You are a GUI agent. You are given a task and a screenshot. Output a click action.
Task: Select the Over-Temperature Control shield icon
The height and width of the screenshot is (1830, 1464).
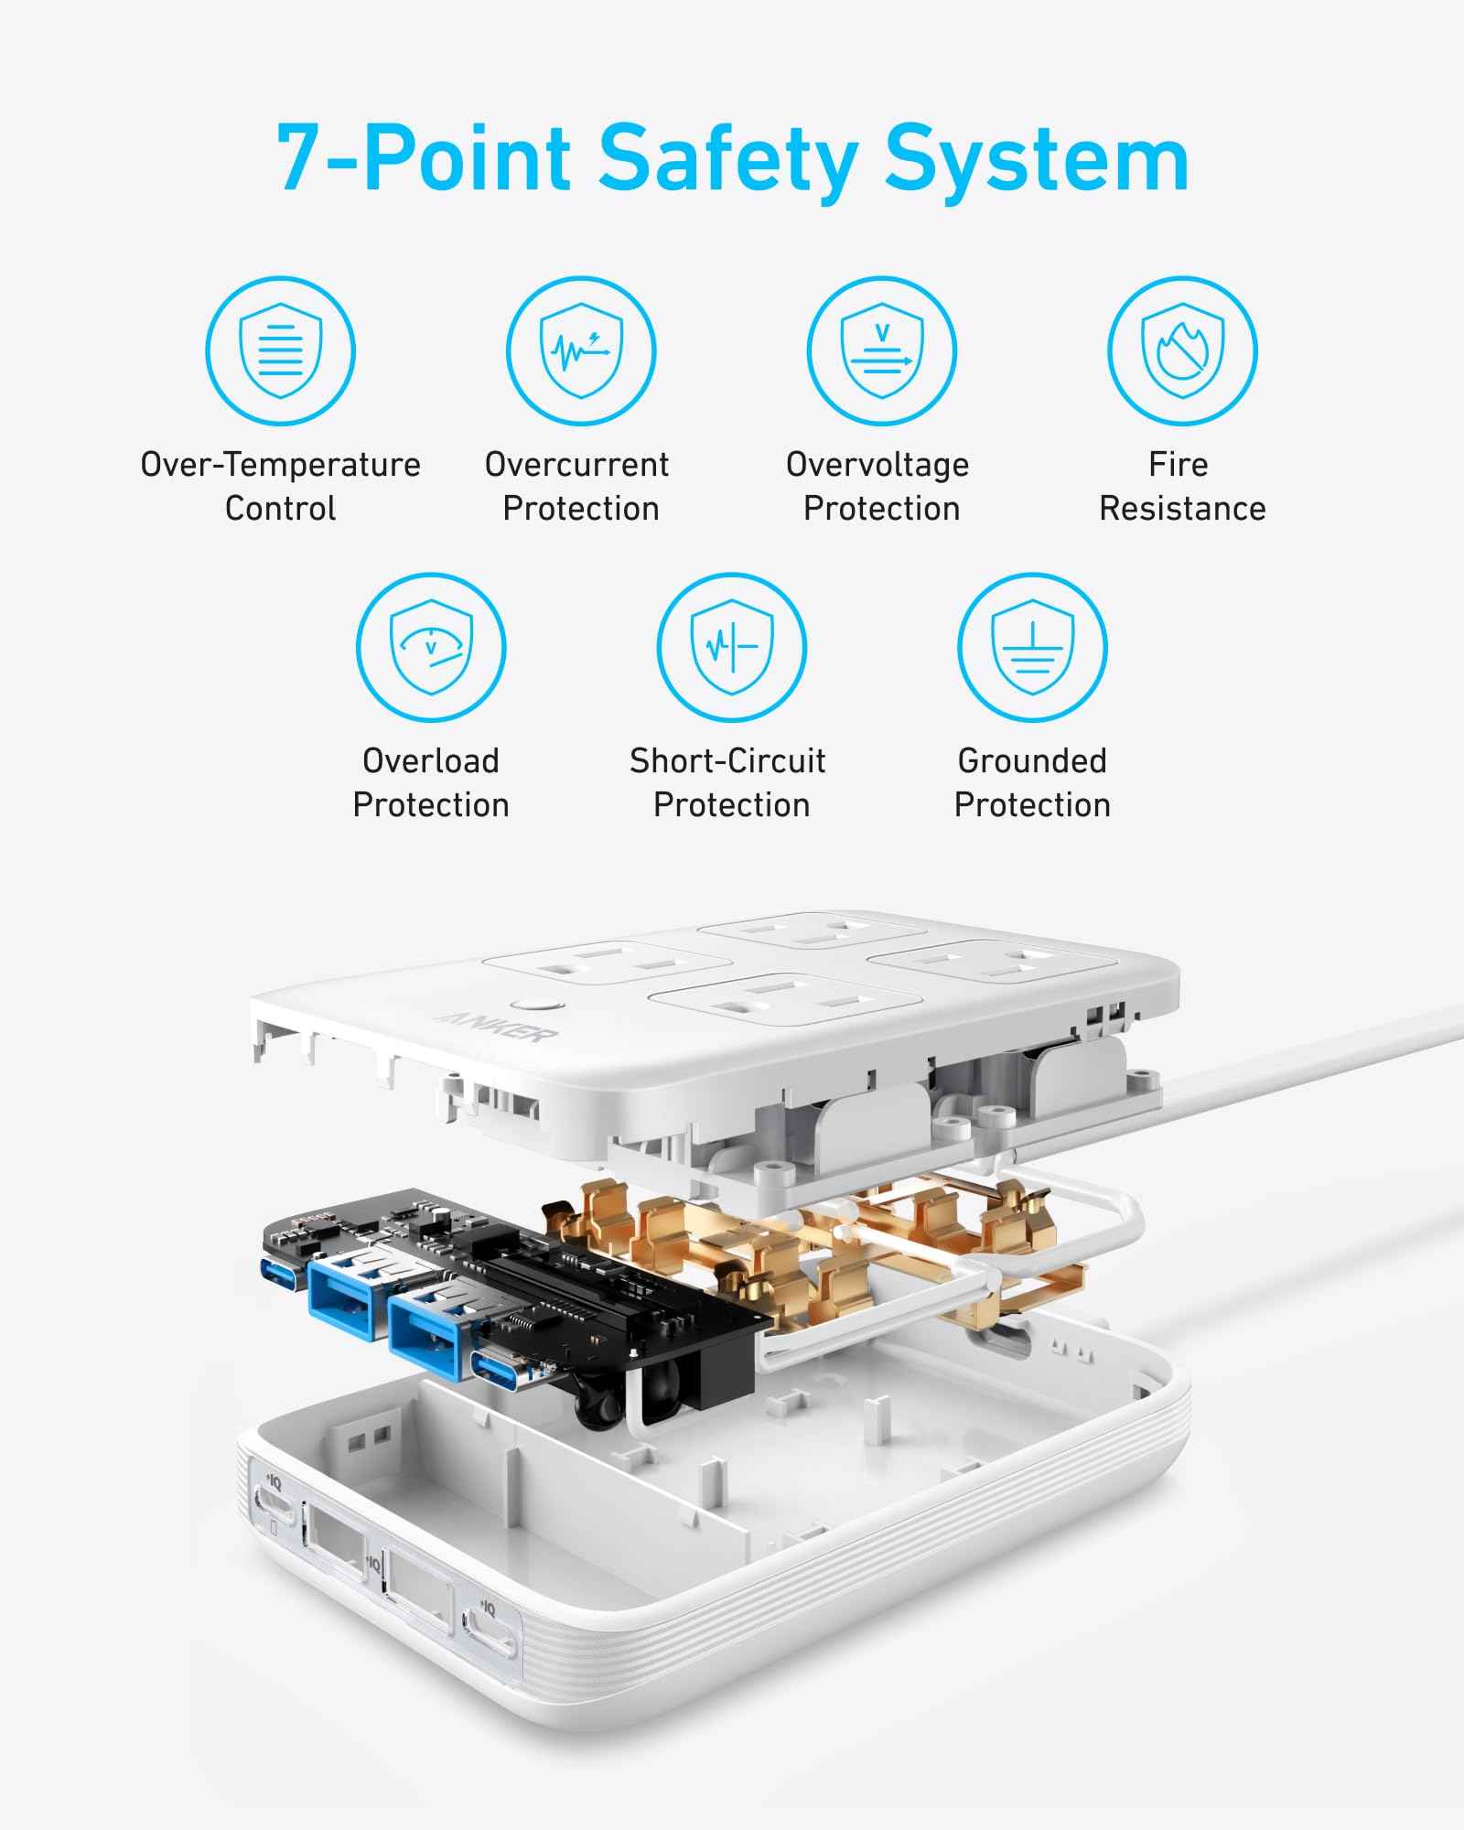(280, 351)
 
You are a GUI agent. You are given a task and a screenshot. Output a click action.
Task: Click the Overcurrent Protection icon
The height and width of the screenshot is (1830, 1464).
(581, 351)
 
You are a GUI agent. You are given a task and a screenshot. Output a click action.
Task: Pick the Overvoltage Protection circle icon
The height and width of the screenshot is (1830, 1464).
(881, 351)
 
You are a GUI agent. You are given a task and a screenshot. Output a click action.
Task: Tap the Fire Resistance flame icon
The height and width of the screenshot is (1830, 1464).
(1182, 351)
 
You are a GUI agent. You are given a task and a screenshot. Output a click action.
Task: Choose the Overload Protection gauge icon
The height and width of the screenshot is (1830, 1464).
(431, 647)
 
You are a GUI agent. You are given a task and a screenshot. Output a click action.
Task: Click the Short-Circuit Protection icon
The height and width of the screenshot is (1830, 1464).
(731, 647)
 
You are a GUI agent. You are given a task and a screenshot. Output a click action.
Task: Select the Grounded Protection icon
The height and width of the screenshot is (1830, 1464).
(1032, 647)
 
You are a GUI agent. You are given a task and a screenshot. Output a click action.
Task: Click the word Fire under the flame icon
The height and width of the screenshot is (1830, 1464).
(1179, 465)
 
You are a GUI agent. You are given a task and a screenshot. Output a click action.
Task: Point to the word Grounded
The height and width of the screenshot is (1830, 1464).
(1032, 760)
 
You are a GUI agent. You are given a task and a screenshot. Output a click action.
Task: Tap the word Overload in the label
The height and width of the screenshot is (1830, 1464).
(431, 760)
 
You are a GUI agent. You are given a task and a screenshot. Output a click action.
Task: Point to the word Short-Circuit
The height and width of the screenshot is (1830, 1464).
(727, 760)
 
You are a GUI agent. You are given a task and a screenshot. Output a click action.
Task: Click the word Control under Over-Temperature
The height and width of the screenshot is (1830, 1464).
(280, 509)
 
